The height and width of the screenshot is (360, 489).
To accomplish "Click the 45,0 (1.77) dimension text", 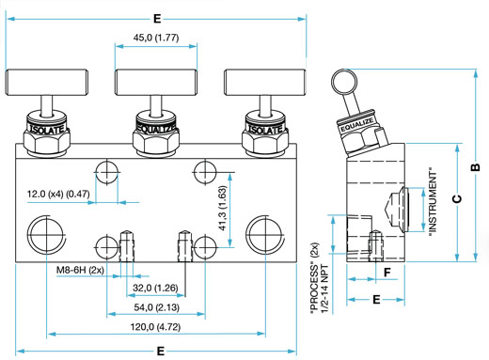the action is coord(156,38).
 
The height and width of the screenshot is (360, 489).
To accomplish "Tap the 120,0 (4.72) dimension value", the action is coord(155,327).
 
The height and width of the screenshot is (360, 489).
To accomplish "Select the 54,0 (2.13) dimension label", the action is coord(156,307).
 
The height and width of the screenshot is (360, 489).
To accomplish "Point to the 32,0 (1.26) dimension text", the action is coord(155,288).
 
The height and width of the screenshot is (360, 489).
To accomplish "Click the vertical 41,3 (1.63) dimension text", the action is coord(222,208).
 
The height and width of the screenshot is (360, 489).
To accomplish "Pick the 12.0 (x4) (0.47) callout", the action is coord(58,194).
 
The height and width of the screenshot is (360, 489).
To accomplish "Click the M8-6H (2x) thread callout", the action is coord(80,270).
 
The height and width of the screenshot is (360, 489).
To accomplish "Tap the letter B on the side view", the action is coord(476,167).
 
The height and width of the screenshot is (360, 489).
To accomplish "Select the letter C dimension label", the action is coord(458,198).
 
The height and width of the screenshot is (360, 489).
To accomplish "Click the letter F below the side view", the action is coord(387,273).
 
